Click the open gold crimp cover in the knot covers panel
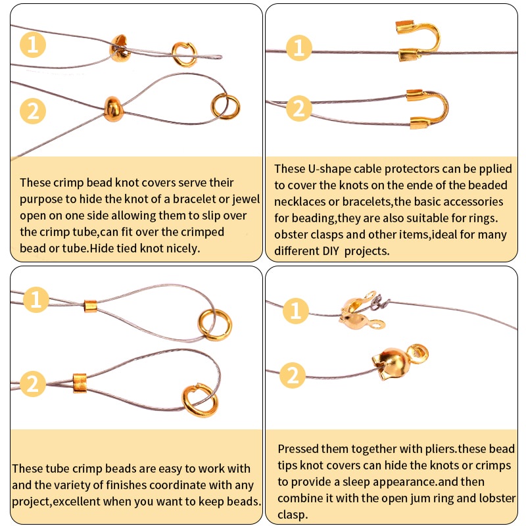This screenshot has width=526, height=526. tap(119, 49)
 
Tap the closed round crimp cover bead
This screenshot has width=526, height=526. tap(113, 109)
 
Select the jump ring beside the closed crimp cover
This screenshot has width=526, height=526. tap(225, 107)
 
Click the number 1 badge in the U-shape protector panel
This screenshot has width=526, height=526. tap(299, 47)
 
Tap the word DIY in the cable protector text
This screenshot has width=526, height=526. tap(331, 251)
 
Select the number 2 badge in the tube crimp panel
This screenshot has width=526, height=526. tap(33, 384)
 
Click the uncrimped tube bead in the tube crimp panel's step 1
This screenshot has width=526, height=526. tap(90, 306)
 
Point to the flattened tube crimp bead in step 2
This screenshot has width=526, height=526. tap(80, 383)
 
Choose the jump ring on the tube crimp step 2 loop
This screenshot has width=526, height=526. tap(199, 400)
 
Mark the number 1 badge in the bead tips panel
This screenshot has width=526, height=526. tap(295, 310)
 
